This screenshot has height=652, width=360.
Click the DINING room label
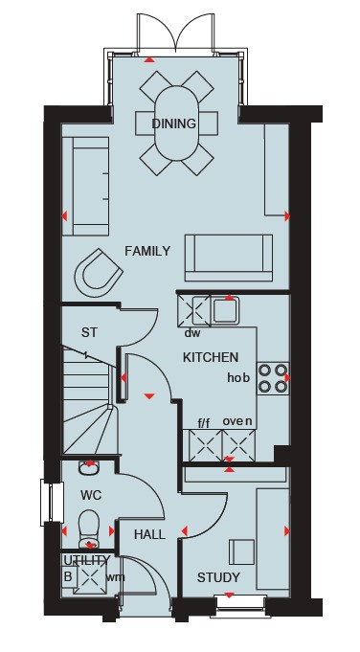(173, 124)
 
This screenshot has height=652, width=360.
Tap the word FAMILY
(147, 251)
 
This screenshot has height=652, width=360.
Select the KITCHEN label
(211, 358)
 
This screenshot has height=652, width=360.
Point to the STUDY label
(218, 577)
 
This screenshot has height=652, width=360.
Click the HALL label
(149, 535)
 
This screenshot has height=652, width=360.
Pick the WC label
(91, 496)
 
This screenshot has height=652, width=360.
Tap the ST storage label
(89, 332)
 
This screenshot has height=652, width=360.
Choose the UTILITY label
(86, 560)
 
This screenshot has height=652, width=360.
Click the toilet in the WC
(89, 528)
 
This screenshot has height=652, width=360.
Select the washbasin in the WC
(89, 467)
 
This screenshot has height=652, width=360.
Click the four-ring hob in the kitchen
(273, 378)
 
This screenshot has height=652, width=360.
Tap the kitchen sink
(225, 310)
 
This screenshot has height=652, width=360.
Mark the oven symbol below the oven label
(238, 445)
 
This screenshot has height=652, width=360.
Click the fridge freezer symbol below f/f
(206, 445)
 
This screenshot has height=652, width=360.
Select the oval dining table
(175, 124)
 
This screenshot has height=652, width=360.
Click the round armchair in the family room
(99, 273)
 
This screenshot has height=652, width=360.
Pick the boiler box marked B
(68, 576)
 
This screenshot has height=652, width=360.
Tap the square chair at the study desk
(241, 552)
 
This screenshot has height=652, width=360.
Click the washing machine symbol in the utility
(90, 578)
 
